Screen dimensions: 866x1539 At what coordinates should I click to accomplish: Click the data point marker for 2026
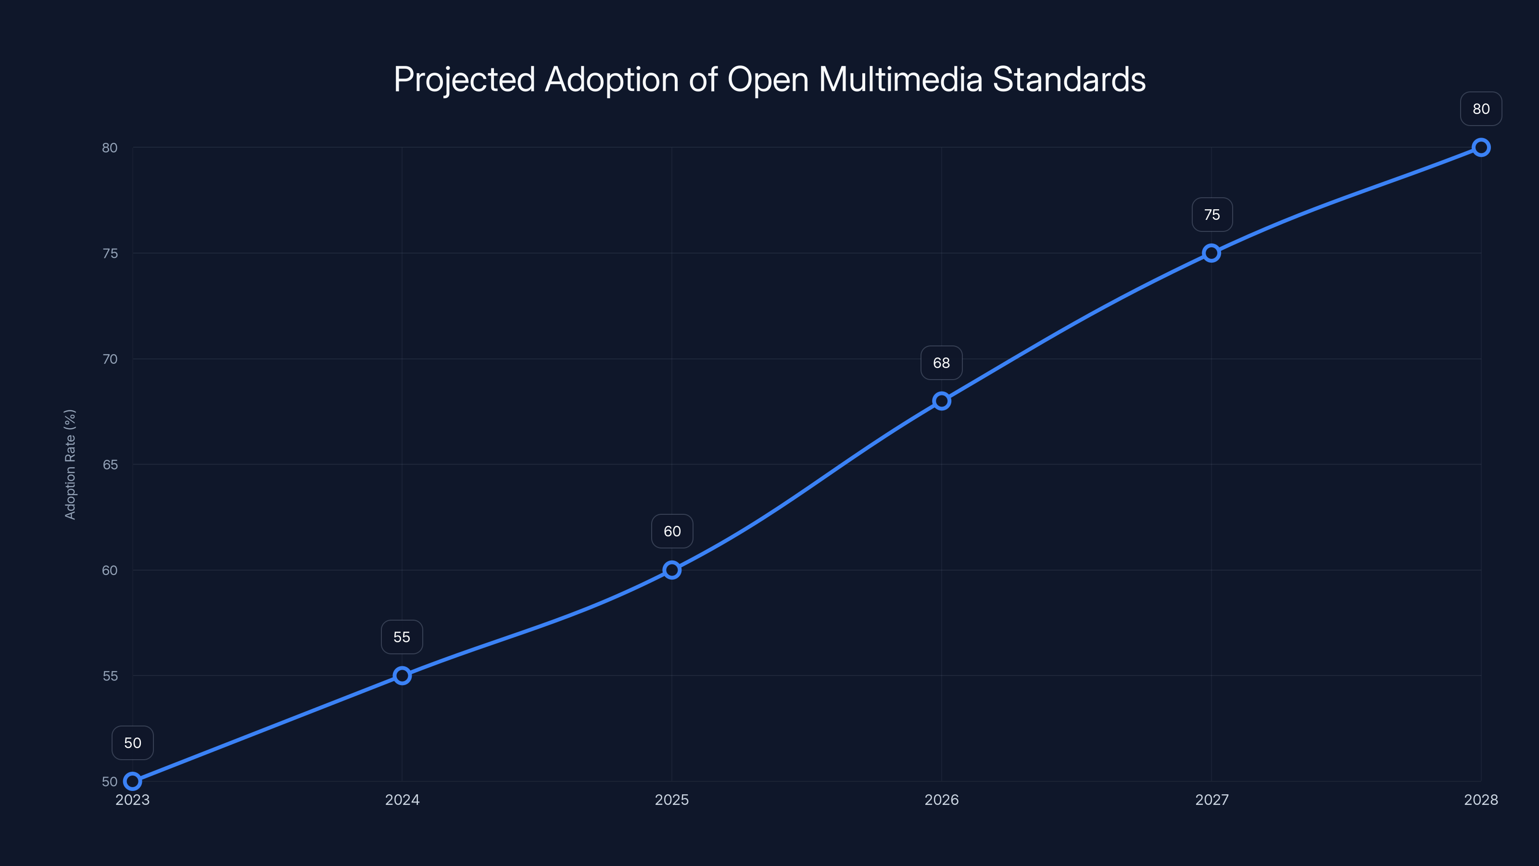click(x=942, y=401)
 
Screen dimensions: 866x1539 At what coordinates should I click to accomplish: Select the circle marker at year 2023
click(x=133, y=781)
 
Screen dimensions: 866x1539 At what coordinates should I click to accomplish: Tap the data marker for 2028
click(x=1481, y=148)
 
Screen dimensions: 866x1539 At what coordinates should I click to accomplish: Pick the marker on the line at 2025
click(x=672, y=570)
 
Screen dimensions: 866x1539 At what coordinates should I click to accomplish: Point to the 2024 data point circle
click(x=402, y=676)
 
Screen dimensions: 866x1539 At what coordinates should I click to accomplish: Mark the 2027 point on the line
click(x=1211, y=254)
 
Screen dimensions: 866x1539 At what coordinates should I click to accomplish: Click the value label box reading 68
click(x=942, y=363)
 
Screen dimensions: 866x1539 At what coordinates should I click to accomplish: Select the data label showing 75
click(x=1211, y=215)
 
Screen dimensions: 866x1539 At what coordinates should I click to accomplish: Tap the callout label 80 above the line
click(x=1481, y=109)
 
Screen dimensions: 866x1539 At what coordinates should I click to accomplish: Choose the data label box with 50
click(x=133, y=743)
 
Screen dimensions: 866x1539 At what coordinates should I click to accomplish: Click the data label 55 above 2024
click(x=402, y=637)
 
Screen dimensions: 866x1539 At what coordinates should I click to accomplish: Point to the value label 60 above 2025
click(x=672, y=531)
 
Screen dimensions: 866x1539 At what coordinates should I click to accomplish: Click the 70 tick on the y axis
click(x=110, y=359)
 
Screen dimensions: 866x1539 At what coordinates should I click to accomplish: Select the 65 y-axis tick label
click(x=110, y=465)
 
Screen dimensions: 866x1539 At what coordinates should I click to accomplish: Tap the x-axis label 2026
click(x=942, y=800)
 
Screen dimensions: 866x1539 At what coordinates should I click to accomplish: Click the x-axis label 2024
click(x=402, y=800)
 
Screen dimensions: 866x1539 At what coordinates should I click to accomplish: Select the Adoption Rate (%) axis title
click(x=70, y=464)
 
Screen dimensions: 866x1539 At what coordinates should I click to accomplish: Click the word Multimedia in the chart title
click(x=900, y=79)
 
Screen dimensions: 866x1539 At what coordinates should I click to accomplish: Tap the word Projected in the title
click(x=464, y=79)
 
